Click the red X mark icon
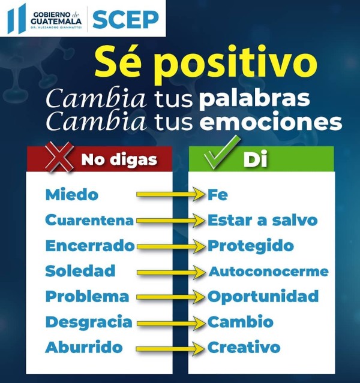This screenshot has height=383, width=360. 59,157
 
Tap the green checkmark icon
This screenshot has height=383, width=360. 222,152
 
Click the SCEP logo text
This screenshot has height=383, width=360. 125,20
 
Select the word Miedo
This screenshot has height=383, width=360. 72,195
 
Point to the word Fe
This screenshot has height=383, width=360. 218,195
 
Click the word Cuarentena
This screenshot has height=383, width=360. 89,220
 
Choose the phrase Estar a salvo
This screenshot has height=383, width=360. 263,220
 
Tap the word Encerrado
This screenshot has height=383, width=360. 90,246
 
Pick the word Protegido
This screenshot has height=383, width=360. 251,246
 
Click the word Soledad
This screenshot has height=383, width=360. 80,271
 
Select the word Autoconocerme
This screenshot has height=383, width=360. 269,272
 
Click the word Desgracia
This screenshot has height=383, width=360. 89,322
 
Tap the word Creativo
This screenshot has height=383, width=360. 244,347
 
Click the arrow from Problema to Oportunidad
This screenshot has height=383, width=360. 171,297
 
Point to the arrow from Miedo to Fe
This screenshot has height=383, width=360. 171,194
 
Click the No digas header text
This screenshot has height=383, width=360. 119,160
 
